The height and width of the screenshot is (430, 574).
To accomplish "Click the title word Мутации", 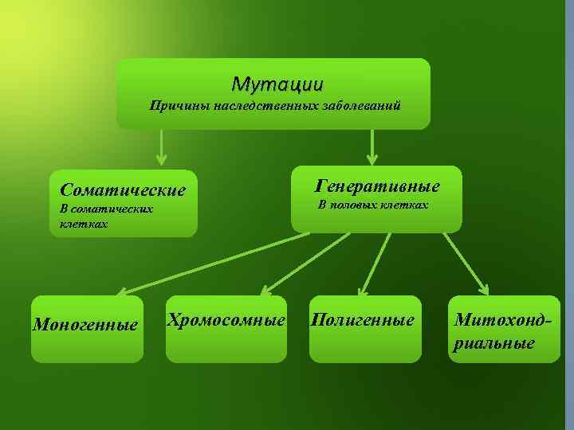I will tap(277, 83).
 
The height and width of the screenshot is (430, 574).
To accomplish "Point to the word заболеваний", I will tap(357, 105).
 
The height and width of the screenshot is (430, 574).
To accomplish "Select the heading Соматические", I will tap(122, 190).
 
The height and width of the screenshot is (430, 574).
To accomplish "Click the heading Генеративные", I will tap(377, 186).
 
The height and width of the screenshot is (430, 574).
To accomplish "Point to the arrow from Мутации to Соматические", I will tap(162, 147).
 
